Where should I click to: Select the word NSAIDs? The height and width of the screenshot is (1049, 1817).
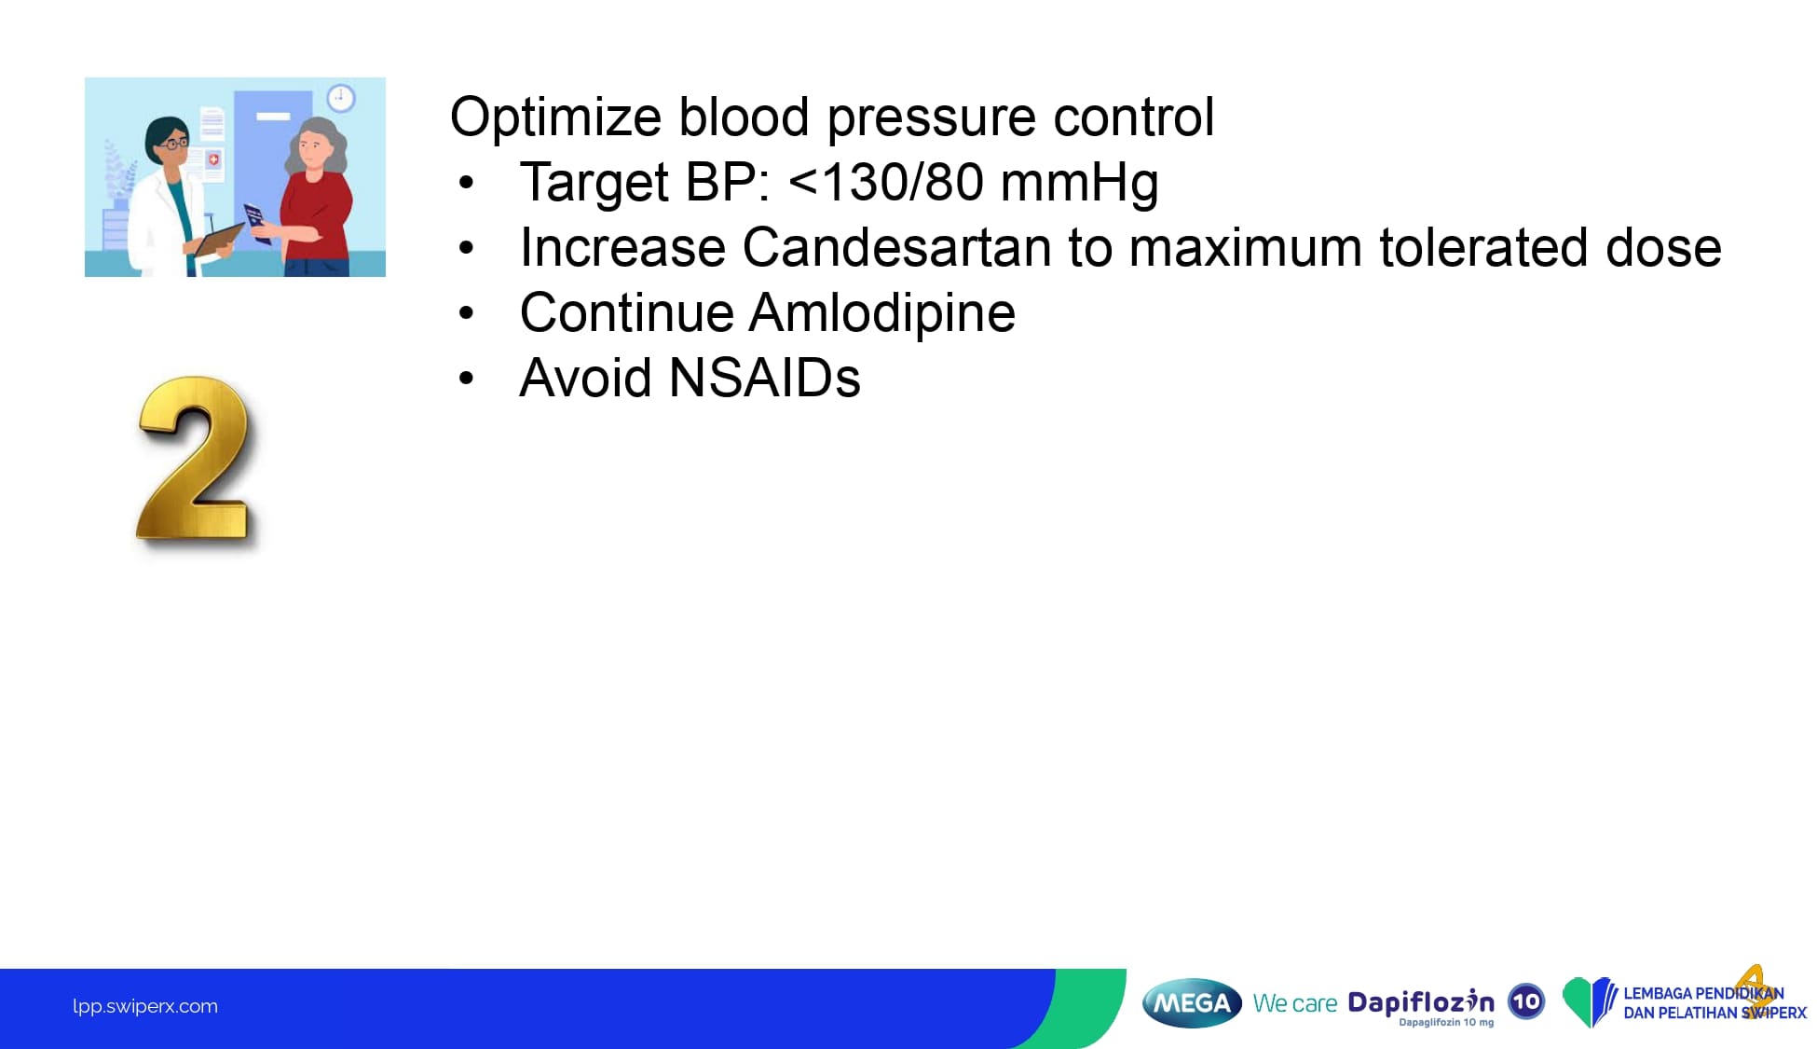point(765,378)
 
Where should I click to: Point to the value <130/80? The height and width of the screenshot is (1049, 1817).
point(885,182)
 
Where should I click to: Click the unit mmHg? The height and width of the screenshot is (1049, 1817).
point(1079,184)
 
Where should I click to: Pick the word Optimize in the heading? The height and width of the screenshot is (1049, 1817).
point(555,118)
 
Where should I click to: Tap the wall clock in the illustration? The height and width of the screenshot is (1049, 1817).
point(340,98)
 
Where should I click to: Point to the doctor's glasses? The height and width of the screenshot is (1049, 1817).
point(172,144)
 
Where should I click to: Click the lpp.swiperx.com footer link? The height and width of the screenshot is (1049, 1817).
point(145,1006)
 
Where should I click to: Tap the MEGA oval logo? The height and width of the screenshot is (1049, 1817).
point(1192,1003)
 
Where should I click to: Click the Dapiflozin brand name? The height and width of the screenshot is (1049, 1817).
point(1420,1002)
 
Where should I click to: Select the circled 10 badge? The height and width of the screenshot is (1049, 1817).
point(1525,1002)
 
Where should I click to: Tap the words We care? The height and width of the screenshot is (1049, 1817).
point(1294,1003)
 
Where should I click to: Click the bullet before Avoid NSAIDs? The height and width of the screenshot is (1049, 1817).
point(466,379)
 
